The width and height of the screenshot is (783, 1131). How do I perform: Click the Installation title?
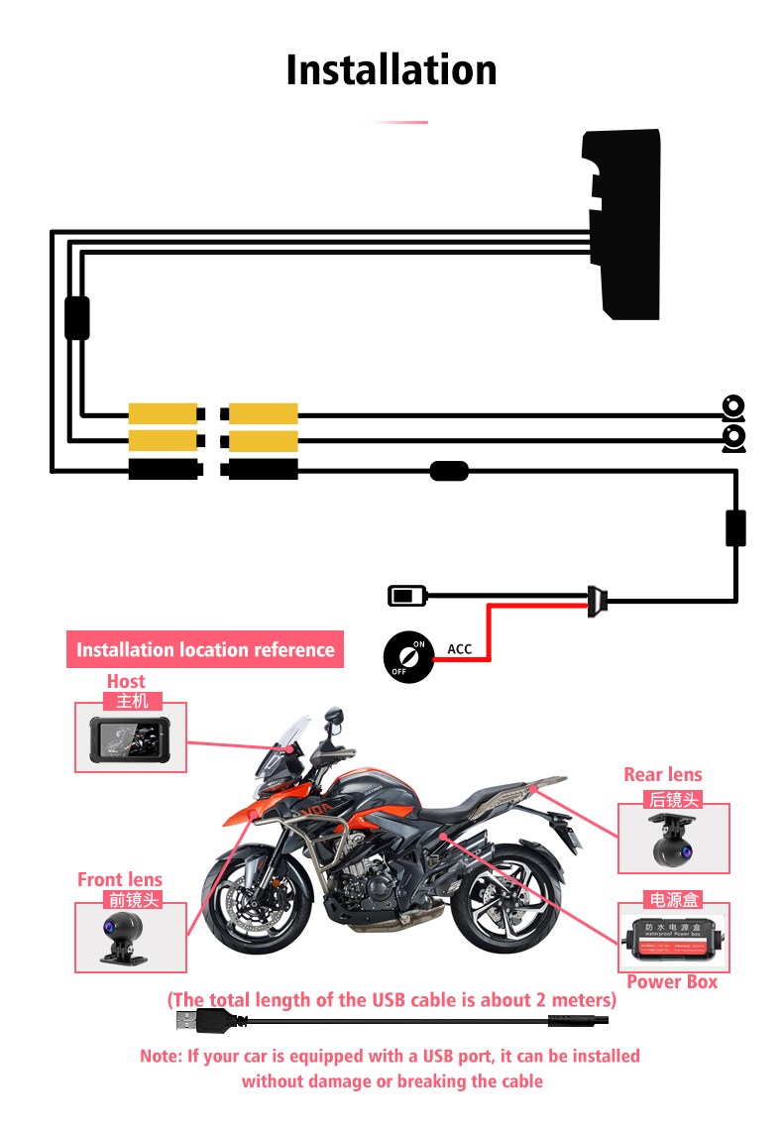(x=391, y=70)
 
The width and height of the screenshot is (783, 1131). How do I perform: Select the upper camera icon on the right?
(x=732, y=406)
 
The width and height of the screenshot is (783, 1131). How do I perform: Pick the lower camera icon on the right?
(x=732, y=437)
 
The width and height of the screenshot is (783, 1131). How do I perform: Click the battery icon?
(x=406, y=596)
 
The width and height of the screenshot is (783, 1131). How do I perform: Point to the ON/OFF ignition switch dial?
(x=408, y=657)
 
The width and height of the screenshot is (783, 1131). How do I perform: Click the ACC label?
(x=460, y=649)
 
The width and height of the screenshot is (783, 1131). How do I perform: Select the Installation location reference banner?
(x=205, y=650)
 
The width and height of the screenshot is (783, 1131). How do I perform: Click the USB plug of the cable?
(x=190, y=1020)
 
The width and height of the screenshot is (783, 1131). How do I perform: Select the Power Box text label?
(x=671, y=981)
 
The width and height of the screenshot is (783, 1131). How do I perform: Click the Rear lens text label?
(x=662, y=775)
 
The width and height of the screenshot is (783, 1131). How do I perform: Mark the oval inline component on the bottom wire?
(x=449, y=471)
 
